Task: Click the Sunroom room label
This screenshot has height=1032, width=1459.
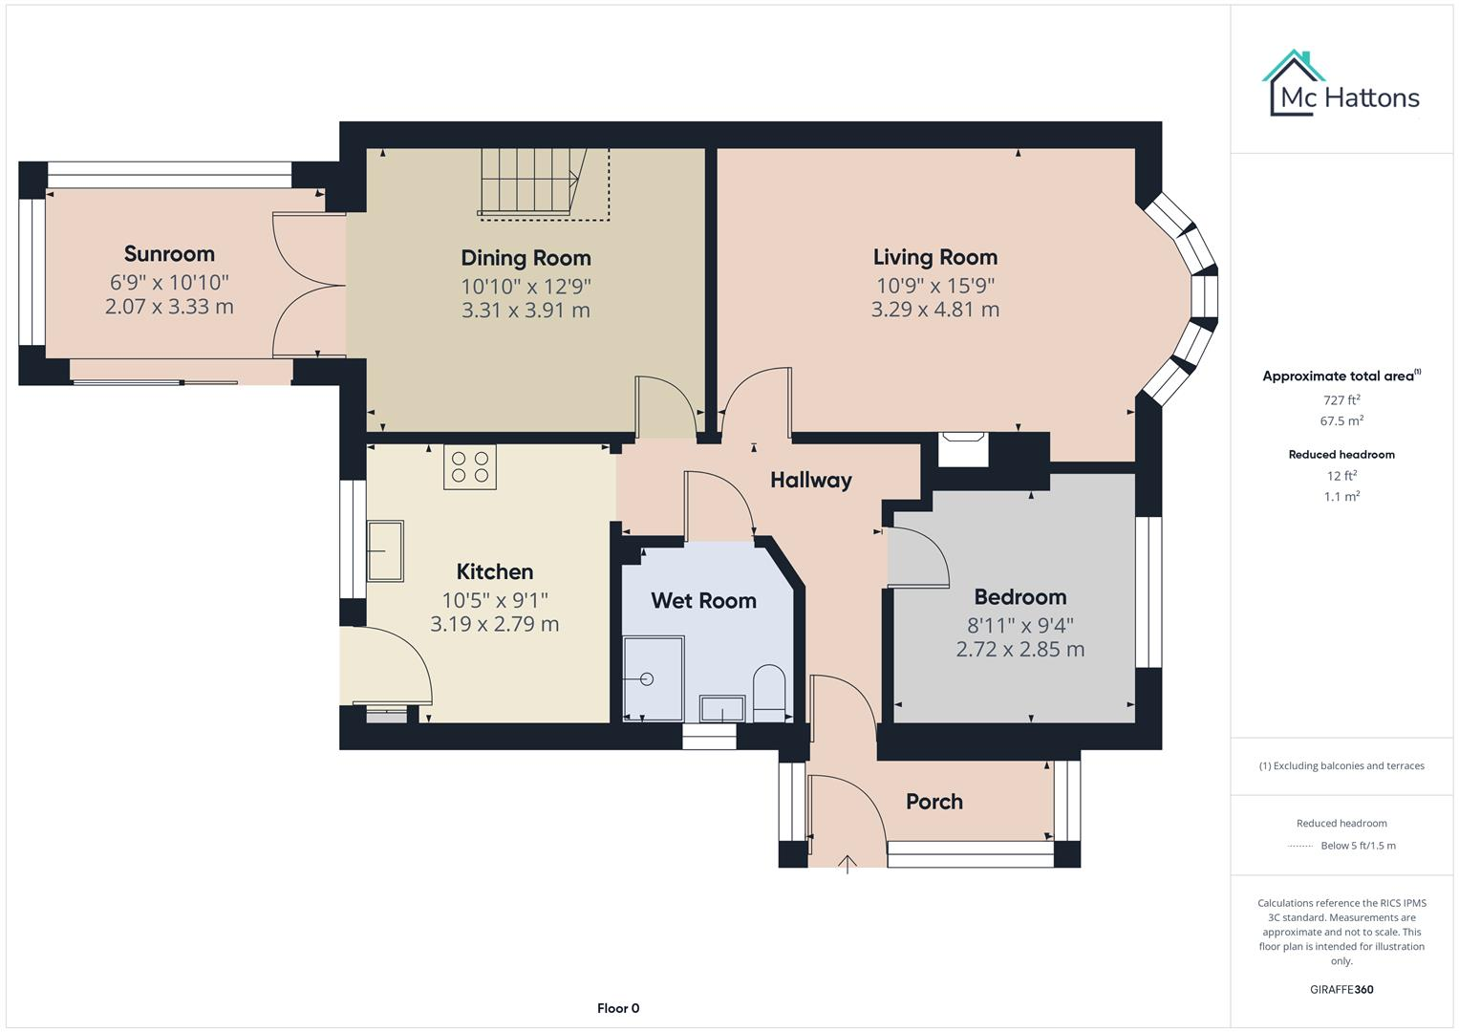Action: point(169,254)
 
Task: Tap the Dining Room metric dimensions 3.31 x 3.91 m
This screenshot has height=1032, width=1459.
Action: point(526,311)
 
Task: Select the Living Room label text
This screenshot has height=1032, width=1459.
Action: point(934,257)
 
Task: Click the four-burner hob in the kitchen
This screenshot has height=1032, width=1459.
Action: point(470,467)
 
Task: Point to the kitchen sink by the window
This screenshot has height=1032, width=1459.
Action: point(386,550)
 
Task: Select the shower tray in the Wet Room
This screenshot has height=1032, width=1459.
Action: point(654,678)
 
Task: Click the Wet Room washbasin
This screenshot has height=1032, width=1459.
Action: point(722,708)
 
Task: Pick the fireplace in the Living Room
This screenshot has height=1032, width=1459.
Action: point(963,448)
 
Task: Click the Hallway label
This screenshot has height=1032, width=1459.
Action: point(810,480)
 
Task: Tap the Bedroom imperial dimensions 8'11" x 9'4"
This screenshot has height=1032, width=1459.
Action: point(1019,625)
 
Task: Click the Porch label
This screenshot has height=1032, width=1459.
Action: point(933,802)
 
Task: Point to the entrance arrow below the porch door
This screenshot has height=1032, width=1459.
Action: point(848,864)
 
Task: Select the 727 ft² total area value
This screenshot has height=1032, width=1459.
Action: point(1341,400)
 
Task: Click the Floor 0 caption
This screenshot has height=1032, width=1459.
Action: point(617,1008)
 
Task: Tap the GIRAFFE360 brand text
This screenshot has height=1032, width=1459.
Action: point(1341,989)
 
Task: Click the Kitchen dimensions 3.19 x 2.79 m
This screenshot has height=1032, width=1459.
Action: point(494,624)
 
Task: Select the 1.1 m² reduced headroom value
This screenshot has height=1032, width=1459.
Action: point(1341,497)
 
